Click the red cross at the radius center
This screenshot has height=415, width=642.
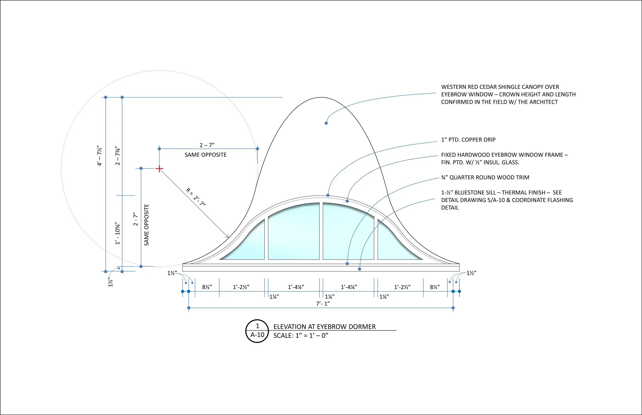click(x=159, y=169)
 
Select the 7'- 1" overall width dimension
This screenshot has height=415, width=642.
click(x=323, y=304)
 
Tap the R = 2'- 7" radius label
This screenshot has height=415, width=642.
click(x=196, y=197)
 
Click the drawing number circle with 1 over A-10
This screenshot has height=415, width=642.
click(x=257, y=331)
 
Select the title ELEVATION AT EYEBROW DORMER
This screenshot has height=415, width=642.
click(x=324, y=327)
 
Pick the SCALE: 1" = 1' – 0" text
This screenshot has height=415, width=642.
click(x=301, y=336)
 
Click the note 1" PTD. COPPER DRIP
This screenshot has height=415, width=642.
click(x=468, y=140)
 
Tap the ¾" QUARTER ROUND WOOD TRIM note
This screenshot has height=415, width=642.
click(x=485, y=177)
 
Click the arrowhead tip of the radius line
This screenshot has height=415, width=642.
click(x=229, y=238)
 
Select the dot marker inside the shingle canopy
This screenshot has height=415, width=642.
click(x=326, y=123)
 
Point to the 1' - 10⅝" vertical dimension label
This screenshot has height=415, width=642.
click(x=118, y=233)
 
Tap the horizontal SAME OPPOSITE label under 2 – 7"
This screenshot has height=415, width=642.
click(x=206, y=155)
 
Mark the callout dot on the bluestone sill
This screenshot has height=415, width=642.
click(x=359, y=269)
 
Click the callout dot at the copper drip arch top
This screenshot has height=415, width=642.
click(x=328, y=195)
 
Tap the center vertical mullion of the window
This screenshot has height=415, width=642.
click(x=321, y=231)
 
